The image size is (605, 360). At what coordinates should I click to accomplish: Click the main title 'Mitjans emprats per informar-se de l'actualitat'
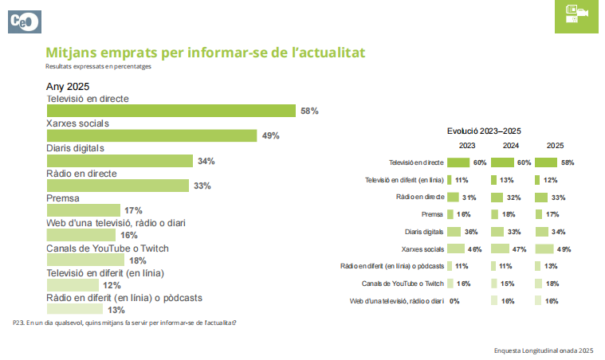206,53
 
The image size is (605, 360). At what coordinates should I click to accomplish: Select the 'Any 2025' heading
68,86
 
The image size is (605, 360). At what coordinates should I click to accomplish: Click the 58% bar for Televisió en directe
171,112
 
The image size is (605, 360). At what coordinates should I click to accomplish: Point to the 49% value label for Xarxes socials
270,136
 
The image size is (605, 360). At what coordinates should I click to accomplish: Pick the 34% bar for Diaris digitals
120,161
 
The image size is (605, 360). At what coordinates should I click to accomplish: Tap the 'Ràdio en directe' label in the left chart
82,173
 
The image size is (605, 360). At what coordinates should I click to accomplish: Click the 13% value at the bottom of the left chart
116,310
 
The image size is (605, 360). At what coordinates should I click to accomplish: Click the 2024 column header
511,146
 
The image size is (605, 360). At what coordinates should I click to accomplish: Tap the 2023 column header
467,146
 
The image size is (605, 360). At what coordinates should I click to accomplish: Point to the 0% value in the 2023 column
455,301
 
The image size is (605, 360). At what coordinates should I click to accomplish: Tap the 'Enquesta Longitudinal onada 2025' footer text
544,350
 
